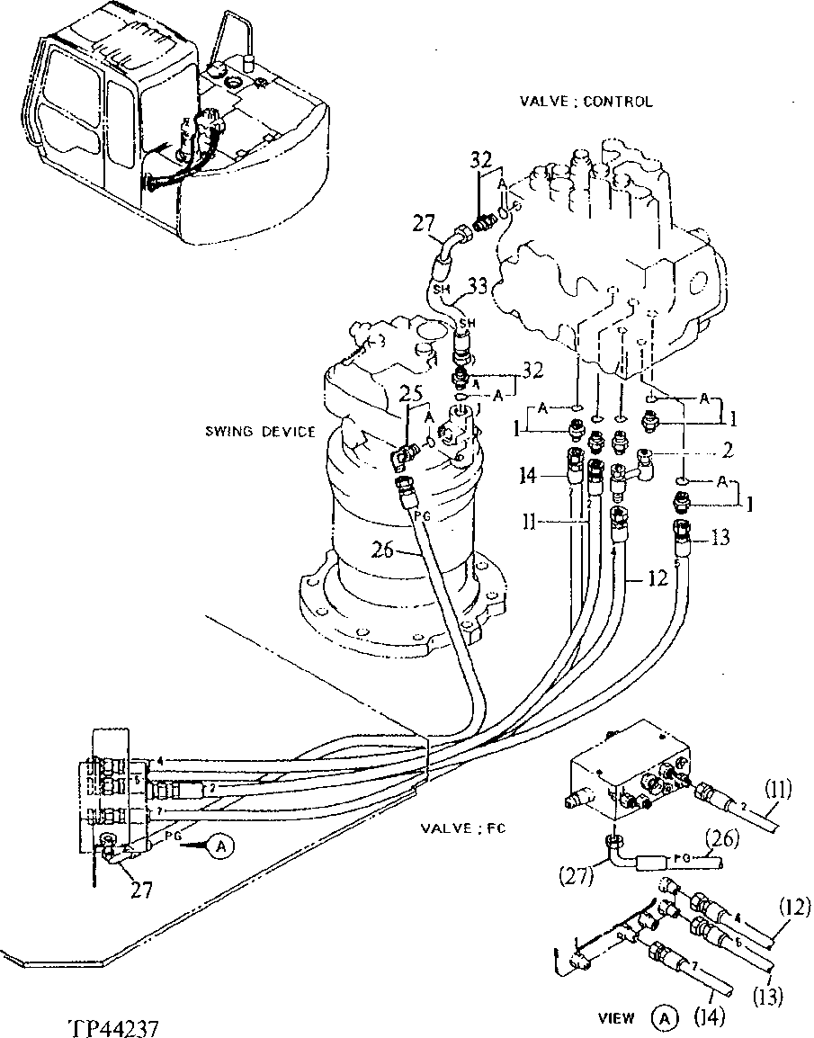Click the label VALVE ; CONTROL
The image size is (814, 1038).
click(x=586, y=102)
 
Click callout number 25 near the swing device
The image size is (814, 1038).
click(x=411, y=394)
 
